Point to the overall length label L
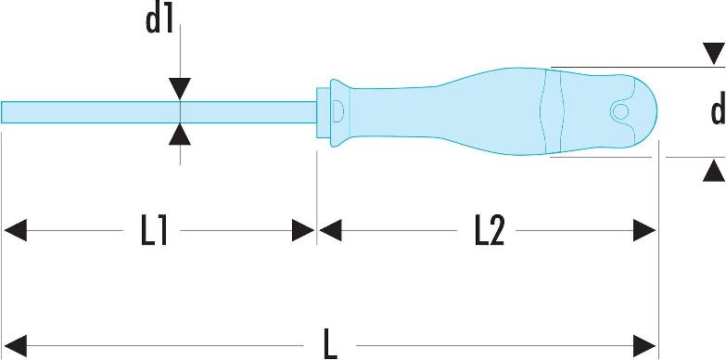(x=330, y=345)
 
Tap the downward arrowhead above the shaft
(x=180, y=88)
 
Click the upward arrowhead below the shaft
(x=180, y=135)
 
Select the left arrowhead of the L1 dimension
(x=15, y=230)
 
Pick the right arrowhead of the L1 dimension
(x=303, y=230)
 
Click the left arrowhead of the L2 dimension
(x=330, y=230)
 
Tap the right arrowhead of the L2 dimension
(x=644, y=230)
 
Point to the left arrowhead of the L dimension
(x=15, y=346)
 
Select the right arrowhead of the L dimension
(x=644, y=346)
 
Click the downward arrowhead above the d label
(x=714, y=54)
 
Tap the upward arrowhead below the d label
(x=714, y=170)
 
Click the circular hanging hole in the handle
(x=619, y=111)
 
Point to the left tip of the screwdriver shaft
(x=1, y=112)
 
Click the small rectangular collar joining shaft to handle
(x=323, y=111)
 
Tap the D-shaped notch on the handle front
(x=338, y=111)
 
